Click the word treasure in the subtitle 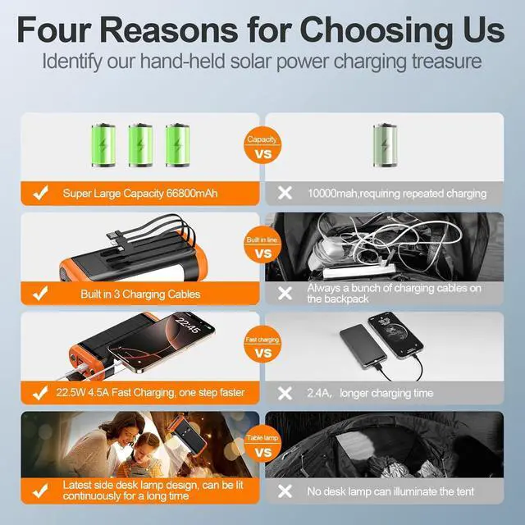click(x=441, y=62)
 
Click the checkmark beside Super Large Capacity click(x=38, y=194)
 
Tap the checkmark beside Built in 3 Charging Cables click(x=38, y=294)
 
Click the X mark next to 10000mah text click(x=285, y=194)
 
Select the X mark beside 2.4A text click(x=285, y=393)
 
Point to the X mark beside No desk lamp click(x=285, y=492)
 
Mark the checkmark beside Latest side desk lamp click(x=38, y=492)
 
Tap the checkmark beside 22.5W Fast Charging click(x=38, y=393)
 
